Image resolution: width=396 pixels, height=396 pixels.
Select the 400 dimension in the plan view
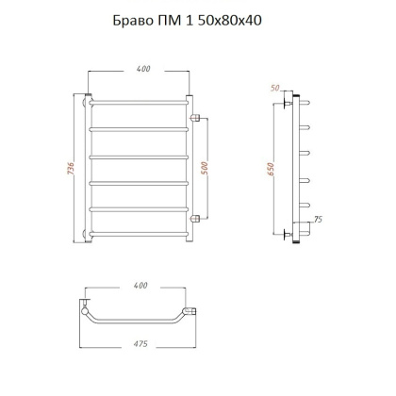141,284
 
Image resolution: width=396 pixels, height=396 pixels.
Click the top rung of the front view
141,98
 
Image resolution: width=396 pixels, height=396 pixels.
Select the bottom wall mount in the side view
294,231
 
